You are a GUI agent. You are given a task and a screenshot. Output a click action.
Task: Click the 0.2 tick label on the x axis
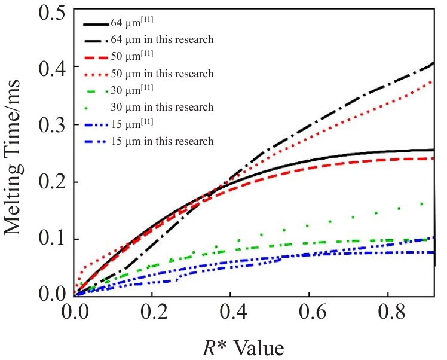(153, 312)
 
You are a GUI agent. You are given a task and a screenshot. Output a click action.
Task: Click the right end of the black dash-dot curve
(433, 63)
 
